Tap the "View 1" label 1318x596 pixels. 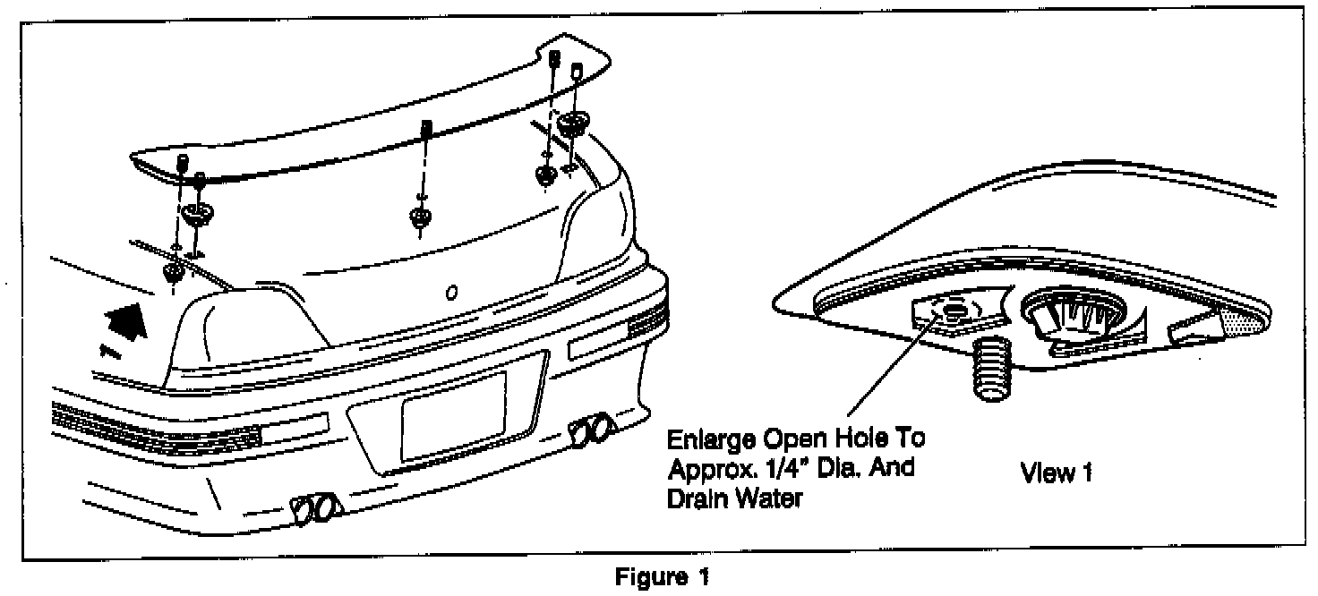click(x=1057, y=473)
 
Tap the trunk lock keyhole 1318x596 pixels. click(x=452, y=291)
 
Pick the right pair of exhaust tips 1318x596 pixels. click(x=594, y=430)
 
